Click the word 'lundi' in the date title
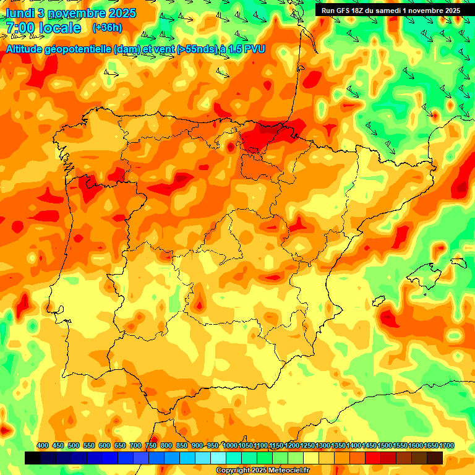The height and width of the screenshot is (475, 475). click(19, 13)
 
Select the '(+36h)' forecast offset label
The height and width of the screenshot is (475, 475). click(107, 28)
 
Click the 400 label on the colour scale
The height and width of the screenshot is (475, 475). click(43, 445)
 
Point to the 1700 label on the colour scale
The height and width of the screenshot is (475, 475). click(435, 445)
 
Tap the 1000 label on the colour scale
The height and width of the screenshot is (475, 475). click(230, 445)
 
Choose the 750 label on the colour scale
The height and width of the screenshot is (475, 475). click(151, 445)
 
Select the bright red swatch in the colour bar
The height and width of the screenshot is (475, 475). click(373, 458)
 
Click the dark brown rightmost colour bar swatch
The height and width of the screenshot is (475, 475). click(435, 458)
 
